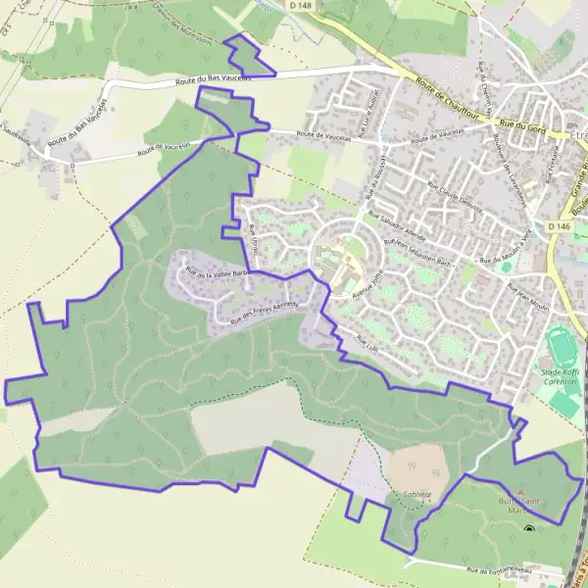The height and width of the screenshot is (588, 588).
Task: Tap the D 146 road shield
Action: click(559, 226)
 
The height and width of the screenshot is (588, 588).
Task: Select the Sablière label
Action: click(416, 494)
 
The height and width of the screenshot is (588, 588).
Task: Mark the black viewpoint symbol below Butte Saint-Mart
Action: click(530, 530)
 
